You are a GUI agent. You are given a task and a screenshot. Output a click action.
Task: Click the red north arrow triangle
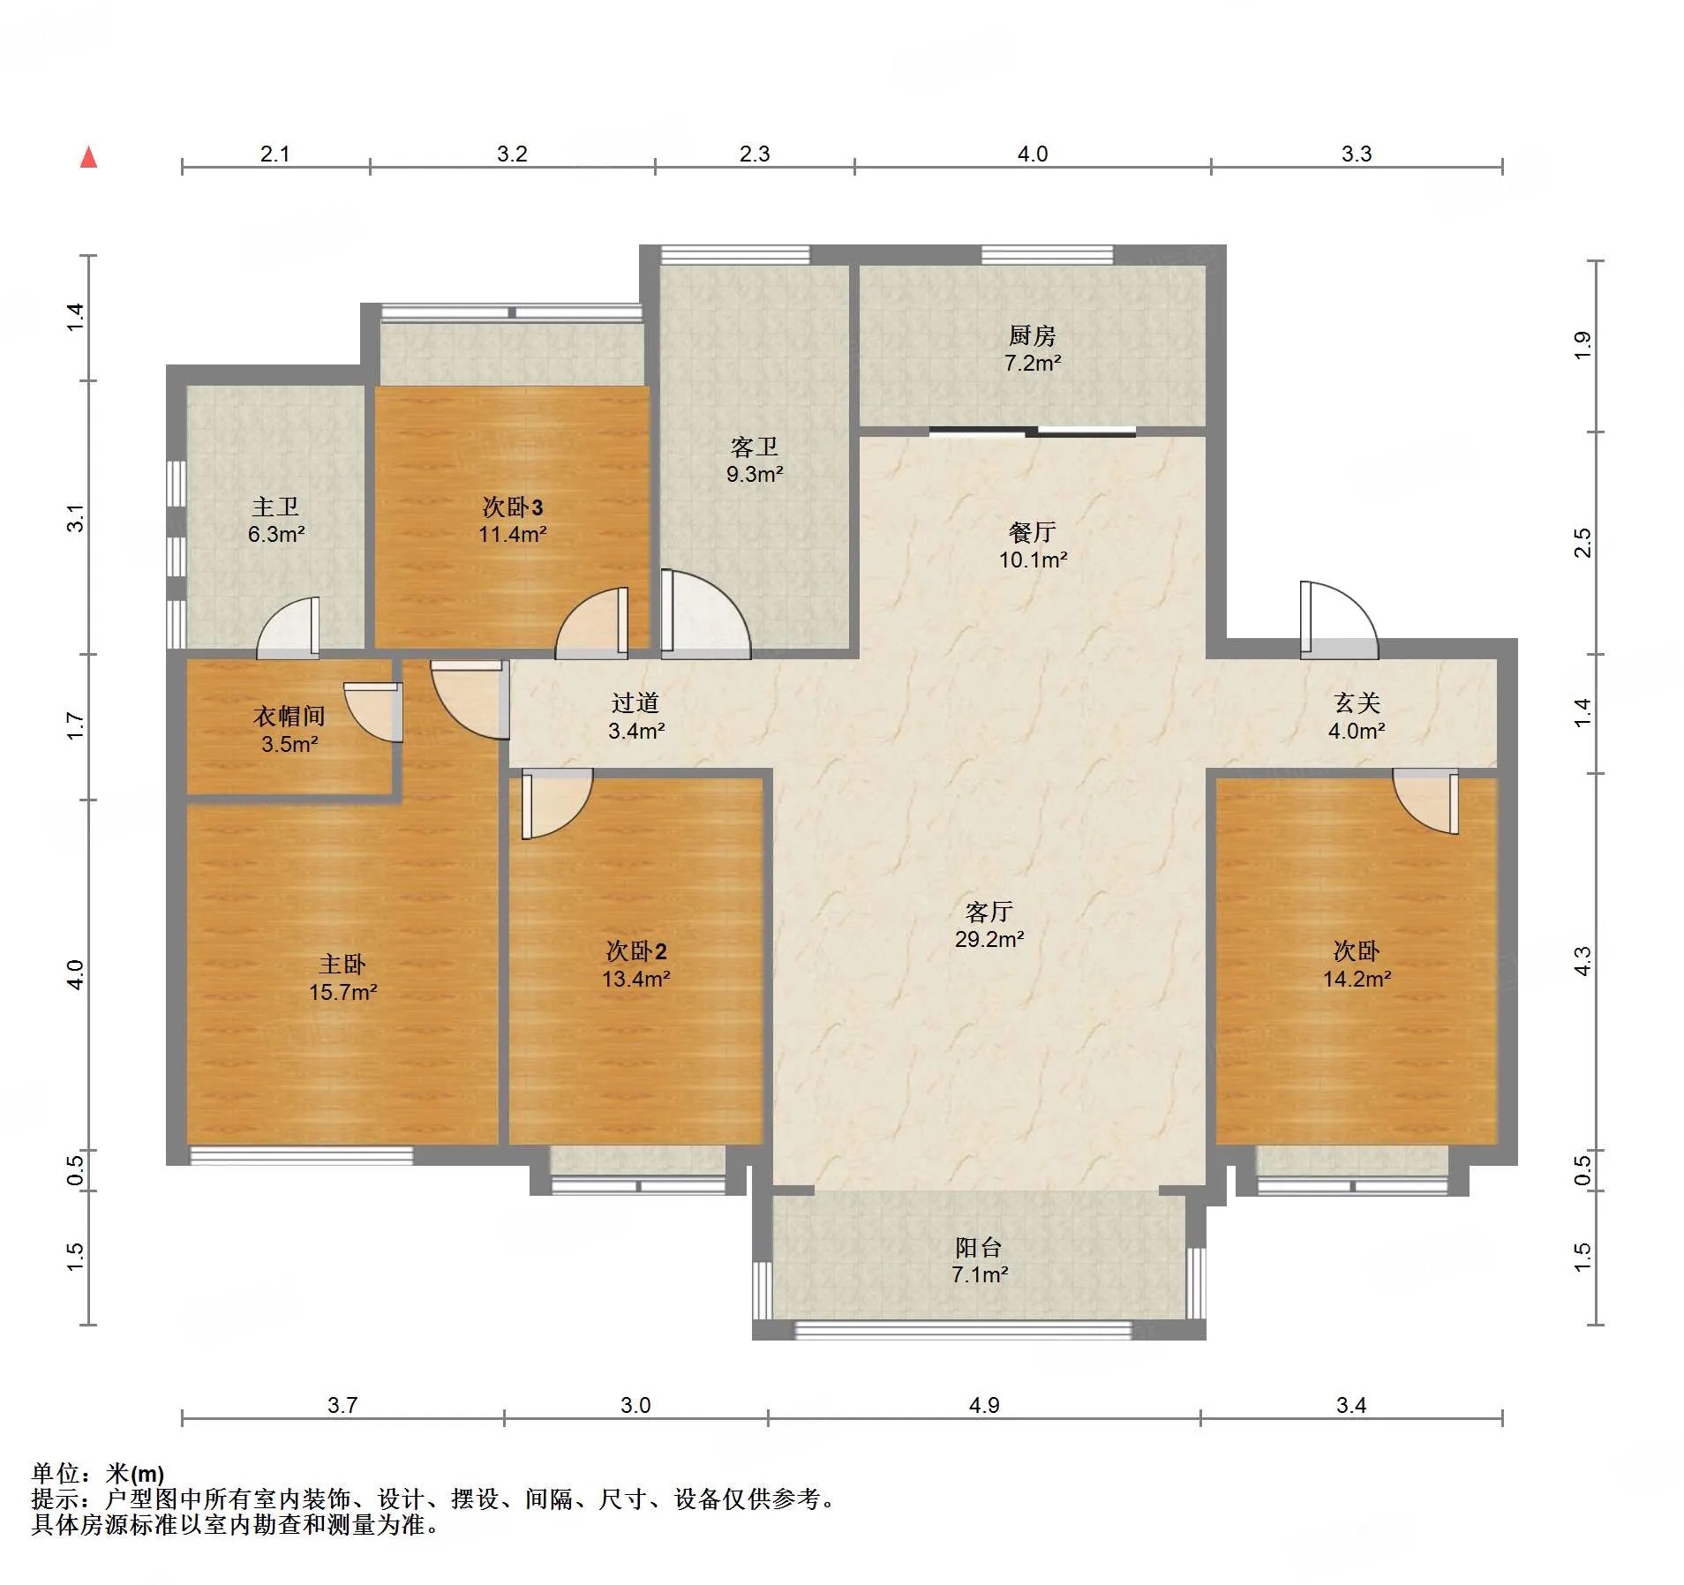tap(88, 157)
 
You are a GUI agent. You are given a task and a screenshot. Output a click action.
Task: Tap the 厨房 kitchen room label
tap(1032, 335)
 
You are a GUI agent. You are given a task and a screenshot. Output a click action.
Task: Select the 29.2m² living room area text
tap(989, 940)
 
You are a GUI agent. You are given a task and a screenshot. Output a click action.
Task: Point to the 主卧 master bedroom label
tap(342, 964)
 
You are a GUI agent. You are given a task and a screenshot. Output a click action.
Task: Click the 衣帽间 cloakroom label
tap(289, 716)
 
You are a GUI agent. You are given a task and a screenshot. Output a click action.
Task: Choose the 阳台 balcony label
tap(979, 1247)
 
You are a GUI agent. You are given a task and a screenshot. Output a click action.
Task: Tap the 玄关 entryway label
tap(1357, 702)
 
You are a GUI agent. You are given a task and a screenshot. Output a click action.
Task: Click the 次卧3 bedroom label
tap(512, 507)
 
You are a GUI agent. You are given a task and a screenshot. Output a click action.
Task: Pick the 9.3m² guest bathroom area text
tap(755, 475)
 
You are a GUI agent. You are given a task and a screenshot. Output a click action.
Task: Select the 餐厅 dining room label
tap(1032, 532)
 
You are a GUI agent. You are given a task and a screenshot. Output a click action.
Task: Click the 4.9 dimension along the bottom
tap(984, 1405)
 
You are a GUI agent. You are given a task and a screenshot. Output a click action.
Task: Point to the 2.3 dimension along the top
tap(755, 154)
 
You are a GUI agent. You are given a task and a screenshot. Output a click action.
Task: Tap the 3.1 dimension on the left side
tap(76, 518)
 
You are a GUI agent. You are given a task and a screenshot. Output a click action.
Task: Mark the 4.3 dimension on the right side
tap(1583, 961)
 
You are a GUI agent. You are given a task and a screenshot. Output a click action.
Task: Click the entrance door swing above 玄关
tap(1338, 620)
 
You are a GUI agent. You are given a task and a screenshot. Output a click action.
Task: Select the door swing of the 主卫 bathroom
tap(289, 627)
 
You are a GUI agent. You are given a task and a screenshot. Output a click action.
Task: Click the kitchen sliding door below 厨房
tap(1032, 432)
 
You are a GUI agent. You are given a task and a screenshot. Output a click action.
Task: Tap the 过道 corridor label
tap(635, 702)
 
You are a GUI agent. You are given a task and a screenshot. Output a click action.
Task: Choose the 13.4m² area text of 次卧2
tap(635, 979)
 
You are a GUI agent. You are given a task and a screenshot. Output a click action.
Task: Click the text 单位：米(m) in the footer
tap(97, 1473)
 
